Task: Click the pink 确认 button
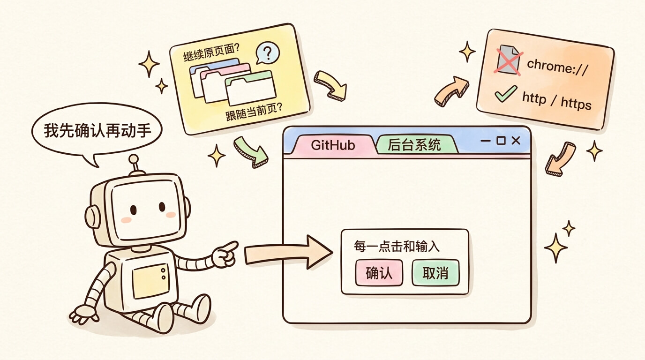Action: [379, 272]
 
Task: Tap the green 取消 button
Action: [435, 272]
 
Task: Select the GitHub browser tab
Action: [333, 145]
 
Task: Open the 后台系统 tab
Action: [415, 144]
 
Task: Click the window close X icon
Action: [516, 141]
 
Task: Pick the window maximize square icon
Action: [501, 141]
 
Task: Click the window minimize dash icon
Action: [486, 141]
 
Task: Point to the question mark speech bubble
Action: [267, 53]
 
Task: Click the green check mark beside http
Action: [506, 93]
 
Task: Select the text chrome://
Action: [557, 67]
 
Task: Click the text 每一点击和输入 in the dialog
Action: [397, 247]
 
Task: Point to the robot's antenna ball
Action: [134, 159]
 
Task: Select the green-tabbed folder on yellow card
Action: [250, 88]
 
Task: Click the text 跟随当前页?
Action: [254, 112]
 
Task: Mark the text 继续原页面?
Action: [211, 52]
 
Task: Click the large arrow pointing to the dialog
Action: [288, 253]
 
